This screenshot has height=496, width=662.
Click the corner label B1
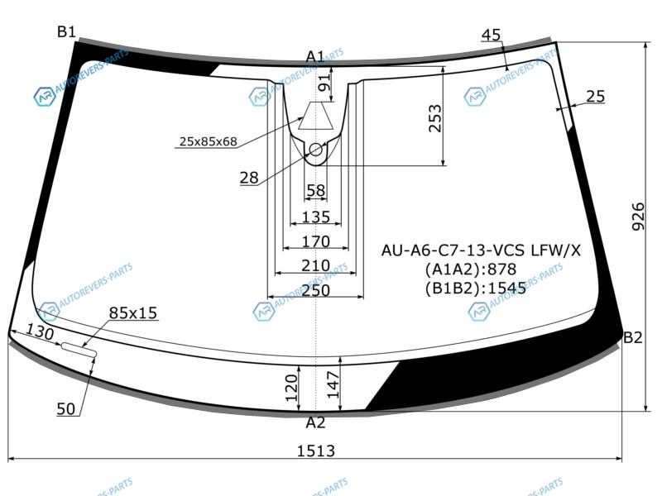coord(66,31)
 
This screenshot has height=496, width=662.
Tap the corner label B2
coord(632,337)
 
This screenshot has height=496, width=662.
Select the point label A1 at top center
coord(315,56)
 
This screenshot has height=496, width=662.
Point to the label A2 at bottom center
coord(315,422)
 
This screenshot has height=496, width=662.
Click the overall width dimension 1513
coord(316,451)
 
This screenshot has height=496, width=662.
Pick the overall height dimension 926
coord(638,217)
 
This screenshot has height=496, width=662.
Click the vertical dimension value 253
coord(434,118)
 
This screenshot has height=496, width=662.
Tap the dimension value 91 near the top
coord(324,83)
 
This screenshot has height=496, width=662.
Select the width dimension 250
coord(316,290)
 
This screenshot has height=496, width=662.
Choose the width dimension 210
coord(316,265)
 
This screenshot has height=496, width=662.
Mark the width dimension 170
coord(316,241)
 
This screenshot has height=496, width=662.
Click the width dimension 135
coord(316,217)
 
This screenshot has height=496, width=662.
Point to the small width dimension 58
coord(316,191)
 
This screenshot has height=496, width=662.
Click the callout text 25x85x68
coord(209,141)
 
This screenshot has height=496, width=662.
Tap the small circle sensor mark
coord(316,150)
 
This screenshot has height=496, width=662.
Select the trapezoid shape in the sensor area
coord(316,116)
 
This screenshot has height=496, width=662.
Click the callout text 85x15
coord(133,313)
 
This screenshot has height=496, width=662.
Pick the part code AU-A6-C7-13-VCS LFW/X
coord(481,250)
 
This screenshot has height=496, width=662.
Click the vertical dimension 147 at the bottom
coord(333,384)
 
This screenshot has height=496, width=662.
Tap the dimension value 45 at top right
coord(491,35)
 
